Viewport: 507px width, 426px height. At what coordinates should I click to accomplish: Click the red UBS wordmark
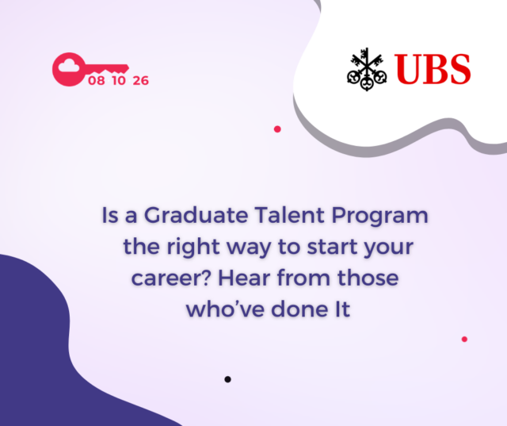433,69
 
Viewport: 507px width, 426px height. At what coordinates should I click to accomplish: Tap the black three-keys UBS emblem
367,69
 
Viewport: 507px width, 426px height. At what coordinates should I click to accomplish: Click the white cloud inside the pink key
69,66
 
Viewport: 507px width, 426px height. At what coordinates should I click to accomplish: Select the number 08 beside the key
97,81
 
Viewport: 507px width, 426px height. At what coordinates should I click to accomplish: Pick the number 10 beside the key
119,81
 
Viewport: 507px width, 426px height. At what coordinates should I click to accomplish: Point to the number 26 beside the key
141,81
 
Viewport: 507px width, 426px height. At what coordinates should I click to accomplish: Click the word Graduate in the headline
196,215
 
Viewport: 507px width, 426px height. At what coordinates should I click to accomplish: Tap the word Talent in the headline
289,215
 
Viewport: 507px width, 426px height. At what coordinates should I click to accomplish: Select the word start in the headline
332,247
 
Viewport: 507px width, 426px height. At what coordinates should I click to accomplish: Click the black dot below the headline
227,379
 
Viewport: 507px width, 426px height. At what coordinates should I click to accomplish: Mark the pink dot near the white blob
277,129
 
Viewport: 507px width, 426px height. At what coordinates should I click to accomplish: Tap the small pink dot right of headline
464,340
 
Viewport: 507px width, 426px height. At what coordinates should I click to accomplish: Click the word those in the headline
368,278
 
